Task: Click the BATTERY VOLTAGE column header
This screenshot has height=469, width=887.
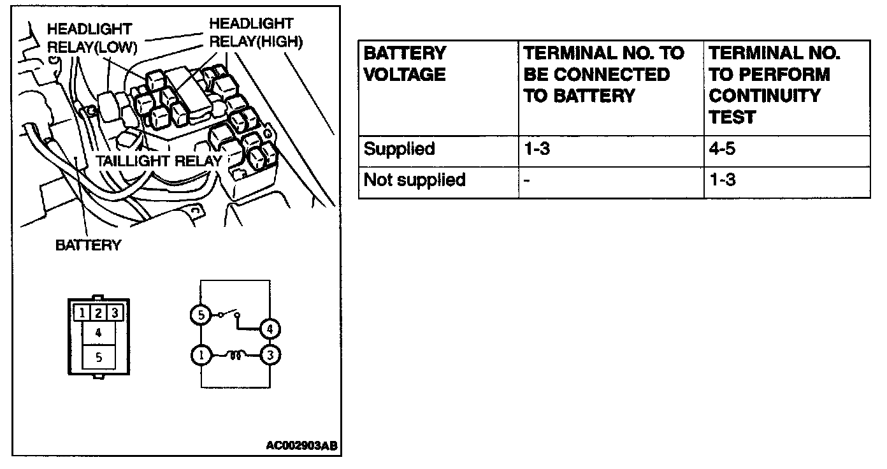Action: point(405,64)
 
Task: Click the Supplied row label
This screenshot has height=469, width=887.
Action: point(399,149)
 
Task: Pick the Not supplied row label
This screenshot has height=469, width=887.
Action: point(414,180)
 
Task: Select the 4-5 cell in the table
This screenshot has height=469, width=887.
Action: point(723,149)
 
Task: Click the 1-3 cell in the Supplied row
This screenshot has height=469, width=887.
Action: point(537,149)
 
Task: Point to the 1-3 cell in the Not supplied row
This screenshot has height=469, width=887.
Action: point(723,180)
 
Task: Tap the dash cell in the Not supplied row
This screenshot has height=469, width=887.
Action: point(527,180)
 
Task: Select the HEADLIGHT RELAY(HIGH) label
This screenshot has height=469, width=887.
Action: point(255,32)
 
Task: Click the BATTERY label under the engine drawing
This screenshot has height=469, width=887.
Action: point(88,245)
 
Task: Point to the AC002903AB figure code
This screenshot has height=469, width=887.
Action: point(301,445)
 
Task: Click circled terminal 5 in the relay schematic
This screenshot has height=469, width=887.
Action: point(200,315)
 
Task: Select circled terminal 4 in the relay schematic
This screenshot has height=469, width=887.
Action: point(270,329)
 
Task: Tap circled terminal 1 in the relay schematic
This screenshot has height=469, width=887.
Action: point(201,356)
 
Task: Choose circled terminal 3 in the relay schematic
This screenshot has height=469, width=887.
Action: point(270,356)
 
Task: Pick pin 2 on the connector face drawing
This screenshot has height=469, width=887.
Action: point(98,313)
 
